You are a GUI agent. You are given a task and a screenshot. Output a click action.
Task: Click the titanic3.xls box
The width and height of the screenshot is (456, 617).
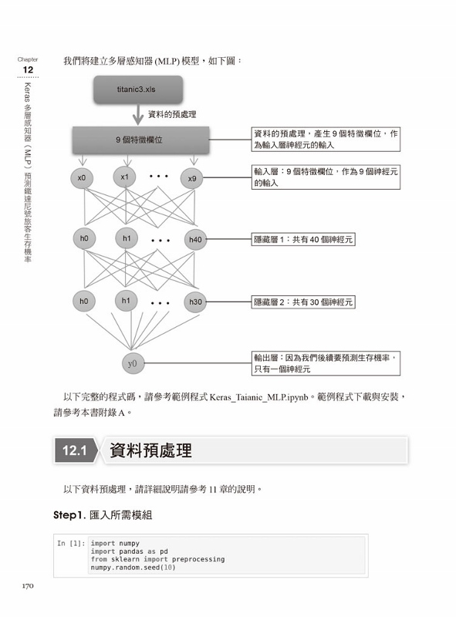click(138, 89)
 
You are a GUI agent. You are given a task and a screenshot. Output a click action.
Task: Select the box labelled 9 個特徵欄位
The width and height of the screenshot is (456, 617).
click(140, 140)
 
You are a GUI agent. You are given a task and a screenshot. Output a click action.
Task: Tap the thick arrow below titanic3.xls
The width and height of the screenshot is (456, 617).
click(138, 114)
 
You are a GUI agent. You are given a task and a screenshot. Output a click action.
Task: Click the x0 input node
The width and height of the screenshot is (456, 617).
click(82, 178)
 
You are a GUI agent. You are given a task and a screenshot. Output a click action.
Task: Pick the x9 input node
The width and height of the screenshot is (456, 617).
click(192, 179)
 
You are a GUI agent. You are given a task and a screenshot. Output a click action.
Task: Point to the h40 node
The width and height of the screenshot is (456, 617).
click(195, 240)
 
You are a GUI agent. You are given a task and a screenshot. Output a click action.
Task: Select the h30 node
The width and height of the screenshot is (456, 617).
click(195, 302)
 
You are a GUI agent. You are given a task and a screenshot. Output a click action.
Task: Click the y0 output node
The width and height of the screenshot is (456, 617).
click(133, 363)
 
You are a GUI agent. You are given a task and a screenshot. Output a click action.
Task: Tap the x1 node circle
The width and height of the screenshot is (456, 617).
click(124, 177)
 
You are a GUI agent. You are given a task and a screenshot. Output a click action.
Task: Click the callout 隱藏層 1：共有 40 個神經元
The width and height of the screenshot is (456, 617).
click(303, 240)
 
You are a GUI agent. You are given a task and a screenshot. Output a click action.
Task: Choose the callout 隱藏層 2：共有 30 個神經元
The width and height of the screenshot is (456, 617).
click(303, 302)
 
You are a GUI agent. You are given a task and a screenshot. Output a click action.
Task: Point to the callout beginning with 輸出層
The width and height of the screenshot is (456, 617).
click(326, 363)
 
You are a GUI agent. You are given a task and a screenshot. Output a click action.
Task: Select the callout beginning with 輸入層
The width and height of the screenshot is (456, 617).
click(326, 177)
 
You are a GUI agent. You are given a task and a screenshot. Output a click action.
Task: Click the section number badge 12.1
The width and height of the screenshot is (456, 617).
click(75, 450)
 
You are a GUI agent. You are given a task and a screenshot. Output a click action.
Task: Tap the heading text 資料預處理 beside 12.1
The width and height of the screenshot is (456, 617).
click(150, 450)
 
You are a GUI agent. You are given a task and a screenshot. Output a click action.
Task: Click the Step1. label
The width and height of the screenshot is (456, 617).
click(69, 515)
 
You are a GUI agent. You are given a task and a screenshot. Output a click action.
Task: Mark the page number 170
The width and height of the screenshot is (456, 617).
click(28, 586)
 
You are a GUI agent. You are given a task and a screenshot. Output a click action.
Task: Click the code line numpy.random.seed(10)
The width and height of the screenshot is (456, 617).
click(133, 568)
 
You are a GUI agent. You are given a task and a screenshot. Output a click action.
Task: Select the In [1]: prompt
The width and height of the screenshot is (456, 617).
click(71, 544)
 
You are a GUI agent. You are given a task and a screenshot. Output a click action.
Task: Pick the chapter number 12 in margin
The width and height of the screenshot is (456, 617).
click(28, 70)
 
